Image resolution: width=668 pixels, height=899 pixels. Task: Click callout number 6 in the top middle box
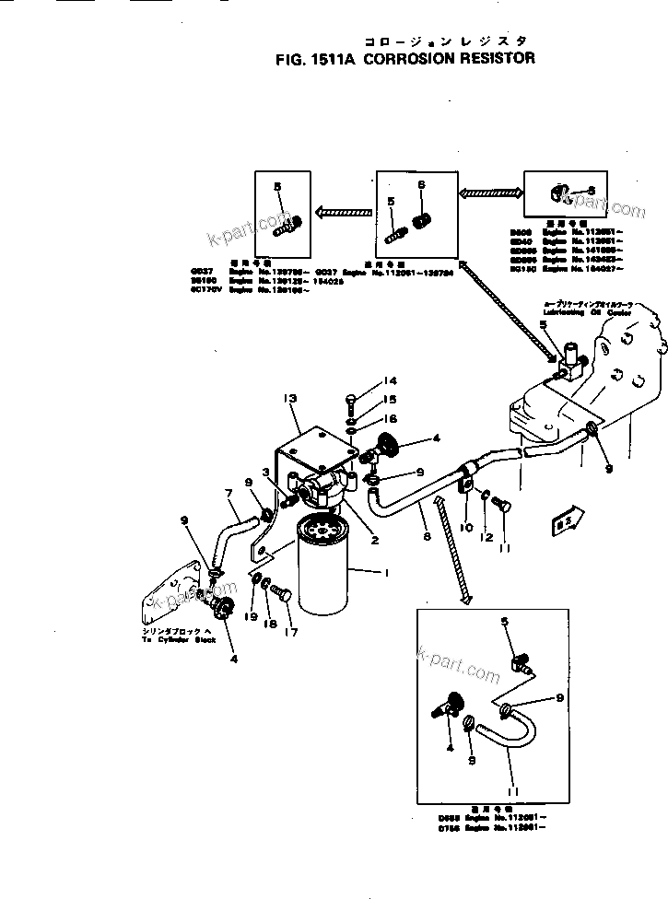tap(422, 184)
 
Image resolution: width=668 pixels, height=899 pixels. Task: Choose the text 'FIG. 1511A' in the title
tap(308, 58)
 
